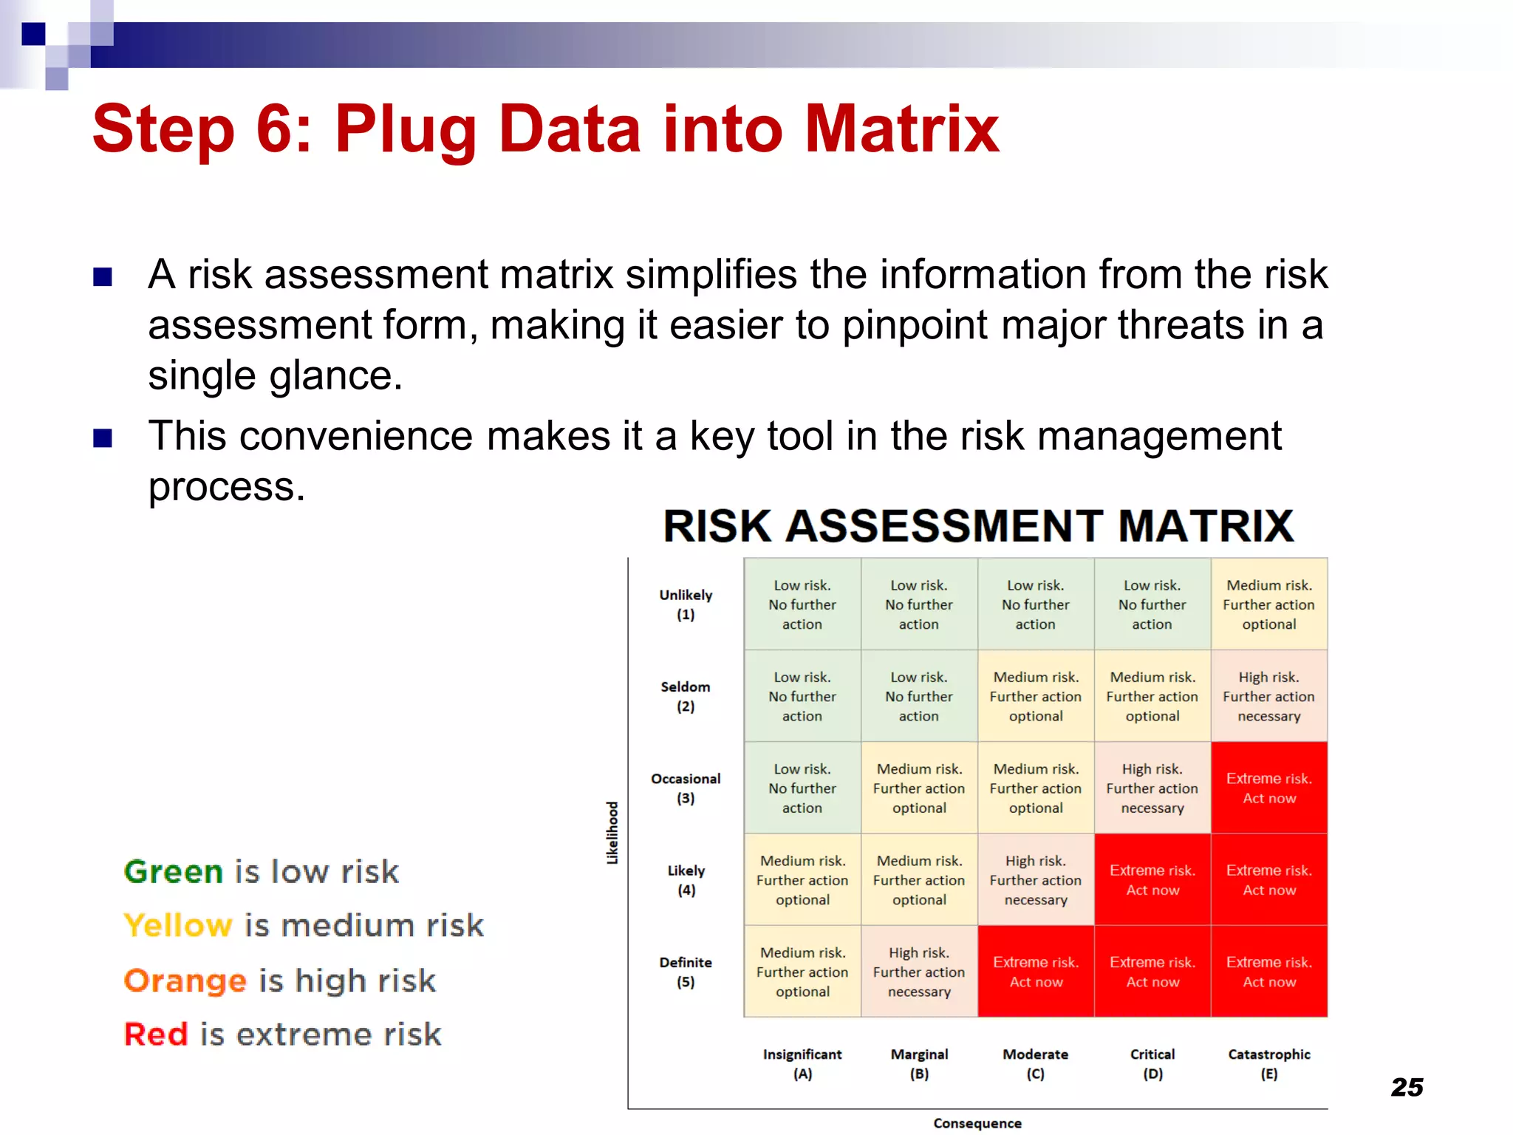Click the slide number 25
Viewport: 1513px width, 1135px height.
click(x=1407, y=1087)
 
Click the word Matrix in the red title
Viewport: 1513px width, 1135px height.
click(x=902, y=129)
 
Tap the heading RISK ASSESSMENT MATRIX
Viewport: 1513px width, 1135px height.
click(x=978, y=526)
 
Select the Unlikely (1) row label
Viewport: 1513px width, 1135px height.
click(x=686, y=604)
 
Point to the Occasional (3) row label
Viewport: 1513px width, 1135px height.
click(x=686, y=788)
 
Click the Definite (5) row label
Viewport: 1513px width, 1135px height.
click(x=686, y=972)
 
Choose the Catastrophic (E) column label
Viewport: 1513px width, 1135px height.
click(x=1268, y=1063)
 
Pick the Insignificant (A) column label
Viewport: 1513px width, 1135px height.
click(x=802, y=1063)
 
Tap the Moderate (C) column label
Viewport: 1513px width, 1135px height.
click(x=1035, y=1063)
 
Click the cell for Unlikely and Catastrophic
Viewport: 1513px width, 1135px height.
click(x=1268, y=604)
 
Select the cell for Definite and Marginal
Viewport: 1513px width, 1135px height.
click(x=919, y=972)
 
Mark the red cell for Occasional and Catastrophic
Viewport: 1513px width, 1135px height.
click(x=1268, y=788)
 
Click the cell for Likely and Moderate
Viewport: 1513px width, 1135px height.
click(x=1035, y=879)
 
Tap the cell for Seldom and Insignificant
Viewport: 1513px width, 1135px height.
click(x=802, y=696)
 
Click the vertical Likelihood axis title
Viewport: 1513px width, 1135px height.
click(x=612, y=833)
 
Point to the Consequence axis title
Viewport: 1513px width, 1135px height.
click(x=977, y=1123)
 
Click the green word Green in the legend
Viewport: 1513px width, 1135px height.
click(x=174, y=872)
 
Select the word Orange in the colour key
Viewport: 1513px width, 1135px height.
click(x=185, y=981)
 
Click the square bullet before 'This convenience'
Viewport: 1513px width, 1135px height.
click(x=103, y=438)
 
